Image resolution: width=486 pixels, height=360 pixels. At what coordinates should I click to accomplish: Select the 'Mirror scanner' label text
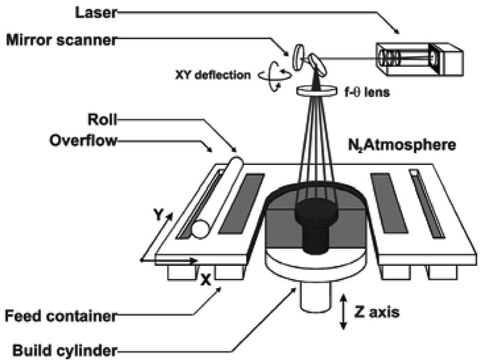coord(61,41)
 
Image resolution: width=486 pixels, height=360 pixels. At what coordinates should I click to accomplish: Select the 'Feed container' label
coord(61,317)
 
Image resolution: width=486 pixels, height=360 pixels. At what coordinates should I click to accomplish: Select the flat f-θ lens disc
coord(316,90)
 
